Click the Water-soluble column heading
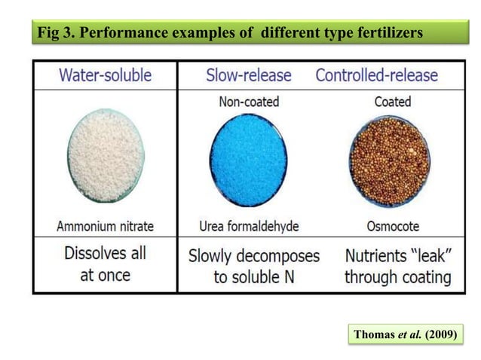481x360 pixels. [x=105, y=76]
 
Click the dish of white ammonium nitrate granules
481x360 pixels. [x=105, y=160]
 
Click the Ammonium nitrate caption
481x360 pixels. [x=105, y=225]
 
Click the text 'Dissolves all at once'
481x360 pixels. [x=105, y=263]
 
